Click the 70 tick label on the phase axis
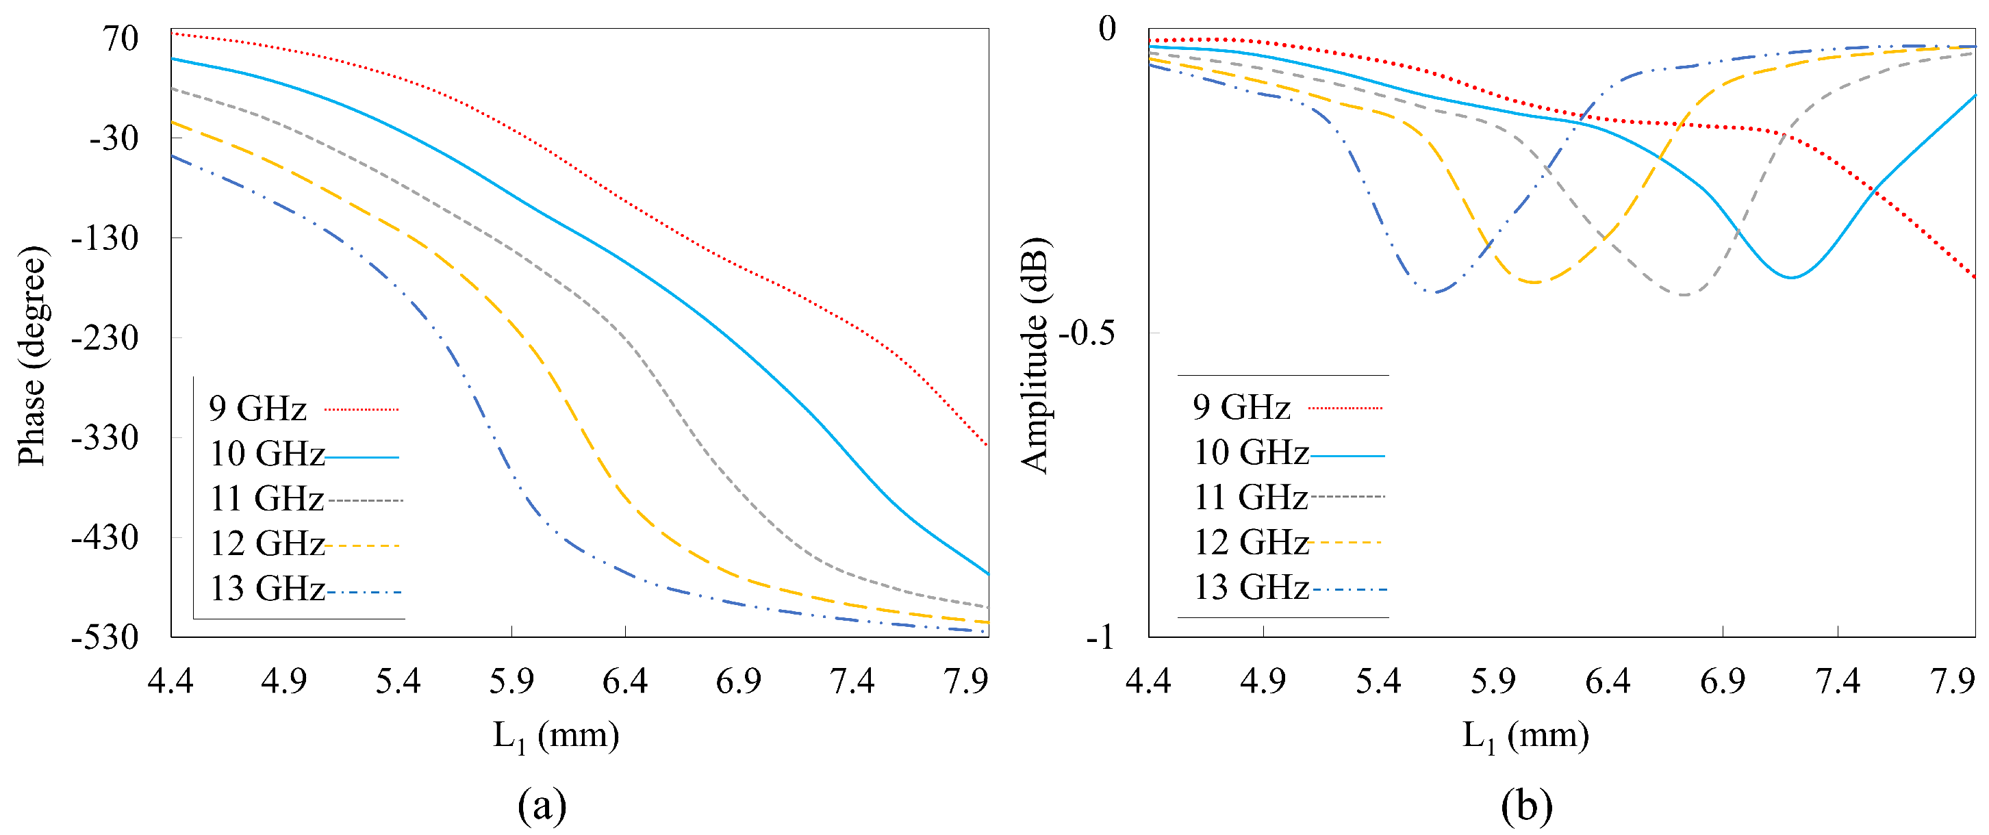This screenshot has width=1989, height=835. click(121, 38)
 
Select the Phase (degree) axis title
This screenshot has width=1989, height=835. click(31, 356)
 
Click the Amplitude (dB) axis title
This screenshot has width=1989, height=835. click(1035, 356)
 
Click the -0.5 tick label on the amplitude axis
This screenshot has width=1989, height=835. click(1087, 333)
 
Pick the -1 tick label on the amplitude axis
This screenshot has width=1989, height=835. click(1100, 637)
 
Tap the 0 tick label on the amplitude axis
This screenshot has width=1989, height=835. click(1107, 29)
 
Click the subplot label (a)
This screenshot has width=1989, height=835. click(542, 806)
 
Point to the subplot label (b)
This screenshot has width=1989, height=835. click(1526, 806)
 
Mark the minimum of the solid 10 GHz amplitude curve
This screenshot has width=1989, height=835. click(1791, 277)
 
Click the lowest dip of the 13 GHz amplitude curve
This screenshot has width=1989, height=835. click(1434, 292)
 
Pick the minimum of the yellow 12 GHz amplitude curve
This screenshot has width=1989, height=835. click(1535, 283)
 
